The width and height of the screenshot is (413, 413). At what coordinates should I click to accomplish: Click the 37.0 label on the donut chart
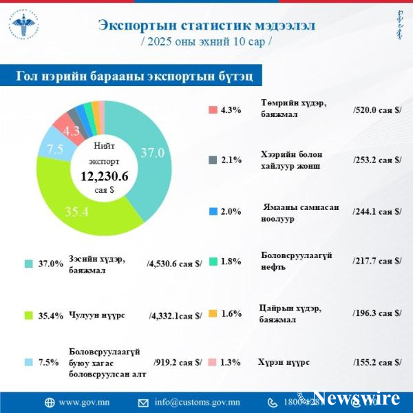click(x=153, y=153)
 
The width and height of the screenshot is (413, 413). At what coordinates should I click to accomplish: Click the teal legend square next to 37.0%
click(x=29, y=264)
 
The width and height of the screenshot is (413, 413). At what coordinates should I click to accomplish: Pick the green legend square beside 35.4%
click(x=29, y=315)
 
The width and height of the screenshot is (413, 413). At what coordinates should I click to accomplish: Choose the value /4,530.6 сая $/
click(x=174, y=264)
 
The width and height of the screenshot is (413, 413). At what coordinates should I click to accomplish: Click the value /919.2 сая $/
click(x=178, y=361)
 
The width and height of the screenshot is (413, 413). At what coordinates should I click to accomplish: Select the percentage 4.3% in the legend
click(x=231, y=109)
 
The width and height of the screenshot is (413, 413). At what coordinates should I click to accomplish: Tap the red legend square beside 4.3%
click(x=213, y=109)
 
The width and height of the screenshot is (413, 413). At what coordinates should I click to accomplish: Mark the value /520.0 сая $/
click(x=377, y=109)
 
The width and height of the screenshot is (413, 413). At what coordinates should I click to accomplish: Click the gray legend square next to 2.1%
click(x=213, y=160)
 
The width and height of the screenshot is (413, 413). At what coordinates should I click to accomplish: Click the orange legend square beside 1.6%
click(x=213, y=313)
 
